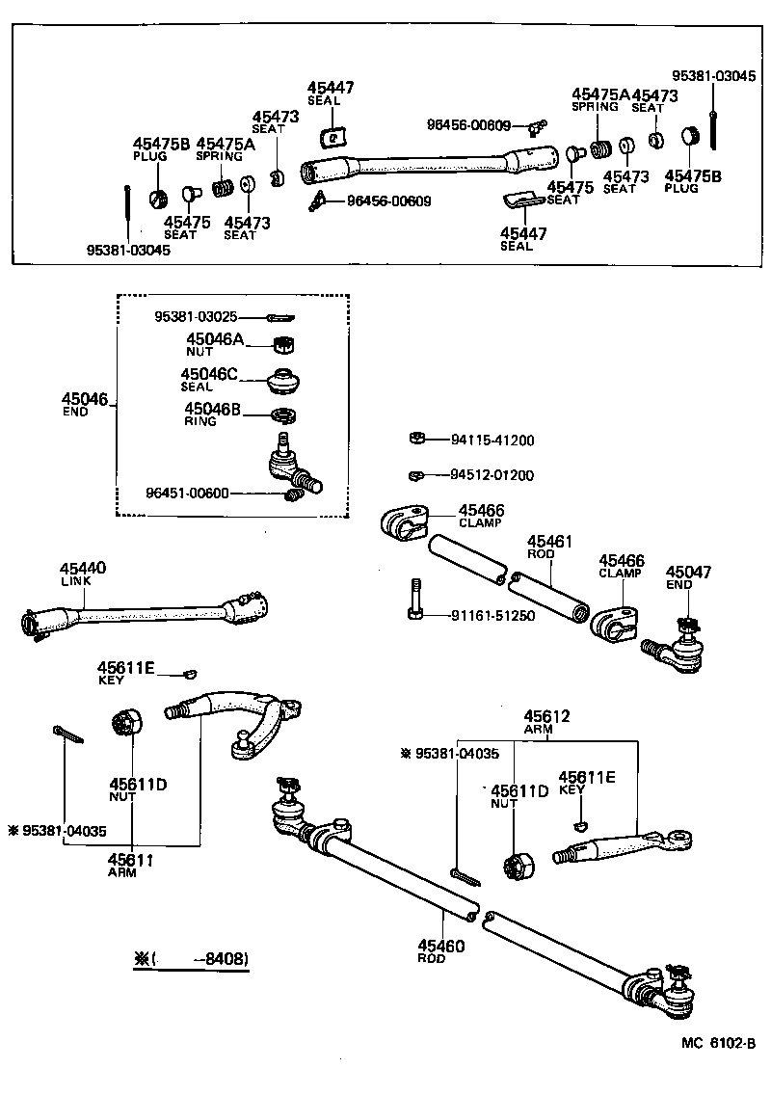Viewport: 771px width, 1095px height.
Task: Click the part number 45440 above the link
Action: pyautogui.click(x=83, y=569)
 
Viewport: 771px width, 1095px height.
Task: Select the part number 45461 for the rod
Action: pyautogui.click(x=549, y=543)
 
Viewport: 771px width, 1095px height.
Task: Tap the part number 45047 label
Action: pyautogui.click(x=688, y=573)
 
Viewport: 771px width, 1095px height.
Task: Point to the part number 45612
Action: pyautogui.click(x=546, y=716)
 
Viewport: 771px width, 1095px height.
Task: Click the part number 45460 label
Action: pyautogui.click(x=441, y=947)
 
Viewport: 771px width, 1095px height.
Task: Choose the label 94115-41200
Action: pyautogui.click(x=492, y=441)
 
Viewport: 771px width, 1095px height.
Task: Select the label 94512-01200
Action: pyautogui.click(x=492, y=475)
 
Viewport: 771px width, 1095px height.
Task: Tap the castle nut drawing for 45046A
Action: pyautogui.click(x=284, y=343)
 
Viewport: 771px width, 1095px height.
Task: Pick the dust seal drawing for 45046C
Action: pyautogui.click(x=285, y=381)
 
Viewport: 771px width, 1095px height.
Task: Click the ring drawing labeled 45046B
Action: pyautogui.click(x=283, y=415)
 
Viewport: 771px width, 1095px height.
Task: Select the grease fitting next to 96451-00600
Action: pyautogui.click(x=295, y=496)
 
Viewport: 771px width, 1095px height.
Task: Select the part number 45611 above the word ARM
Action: pyautogui.click(x=131, y=860)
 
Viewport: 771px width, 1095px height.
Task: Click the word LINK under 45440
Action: pyautogui.click(x=73, y=582)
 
